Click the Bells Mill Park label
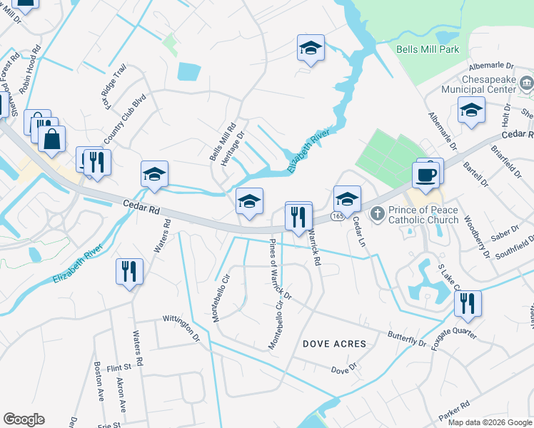[x=428, y=49]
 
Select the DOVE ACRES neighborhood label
[x=334, y=344]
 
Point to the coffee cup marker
[x=427, y=175]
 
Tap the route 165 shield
[x=337, y=215]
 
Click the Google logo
[x=24, y=419]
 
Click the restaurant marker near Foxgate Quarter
[x=468, y=305]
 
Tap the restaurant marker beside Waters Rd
[x=129, y=272]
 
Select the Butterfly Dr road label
[x=407, y=339]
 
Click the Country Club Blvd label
[x=124, y=118]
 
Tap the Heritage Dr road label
[x=233, y=147]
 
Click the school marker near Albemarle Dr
[x=471, y=111]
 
